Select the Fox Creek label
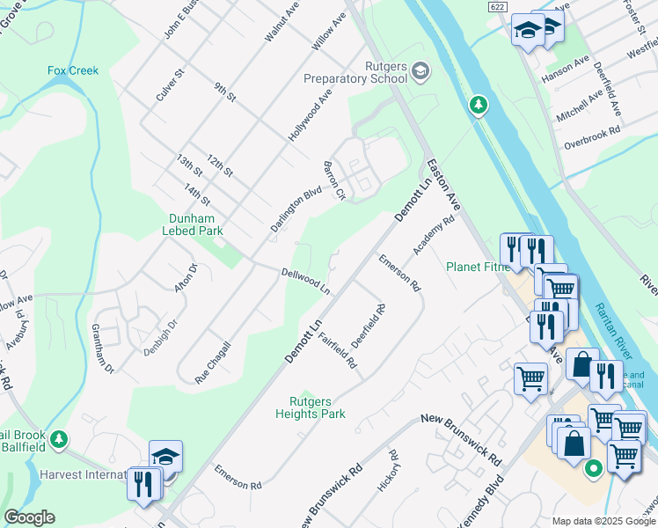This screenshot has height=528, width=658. click(x=73, y=70)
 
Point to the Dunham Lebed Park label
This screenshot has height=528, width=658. click(x=193, y=224)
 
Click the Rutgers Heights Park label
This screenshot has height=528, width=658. click(x=311, y=407)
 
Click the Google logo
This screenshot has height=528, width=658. click(x=29, y=517)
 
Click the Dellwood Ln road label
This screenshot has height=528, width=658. click(x=305, y=282)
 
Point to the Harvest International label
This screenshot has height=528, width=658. click(x=84, y=474)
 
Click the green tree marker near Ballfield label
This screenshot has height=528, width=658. click(x=59, y=437)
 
